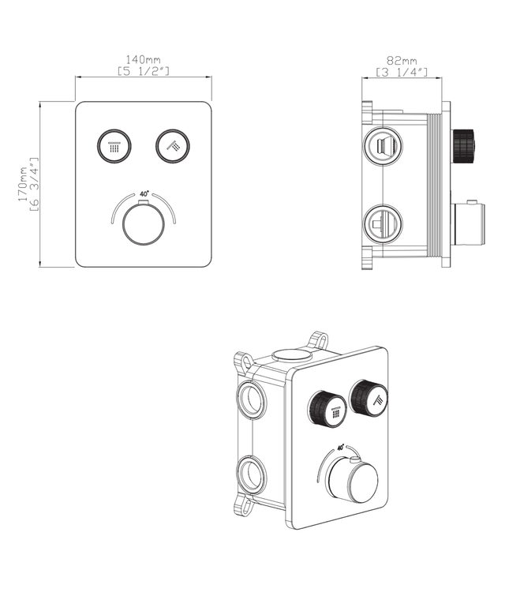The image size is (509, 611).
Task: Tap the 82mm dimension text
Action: click(x=402, y=60)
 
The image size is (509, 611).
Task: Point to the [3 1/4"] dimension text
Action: click(x=402, y=72)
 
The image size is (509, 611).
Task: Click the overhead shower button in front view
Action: click(x=114, y=145)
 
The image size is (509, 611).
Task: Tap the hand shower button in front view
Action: click(x=173, y=144)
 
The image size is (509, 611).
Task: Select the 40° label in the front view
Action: click(x=144, y=193)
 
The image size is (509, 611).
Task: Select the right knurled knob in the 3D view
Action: click(x=369, y=397)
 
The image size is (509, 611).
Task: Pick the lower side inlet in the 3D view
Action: click(x=251, y=475)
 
